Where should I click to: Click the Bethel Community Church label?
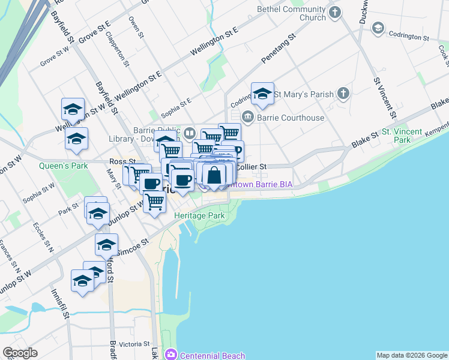(291, 13)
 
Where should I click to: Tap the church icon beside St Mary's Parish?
(343, 94)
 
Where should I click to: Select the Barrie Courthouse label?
(291, 118)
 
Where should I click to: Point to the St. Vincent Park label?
(402, 136)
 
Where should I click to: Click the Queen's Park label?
(64, 166)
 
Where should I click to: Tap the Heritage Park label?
(199, 215)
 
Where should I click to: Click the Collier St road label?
(250, 167)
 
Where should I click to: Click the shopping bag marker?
(214, 175)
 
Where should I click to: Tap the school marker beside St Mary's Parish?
(262, 93)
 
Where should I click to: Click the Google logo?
(20, 353)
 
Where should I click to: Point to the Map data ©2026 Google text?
(412, 355)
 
